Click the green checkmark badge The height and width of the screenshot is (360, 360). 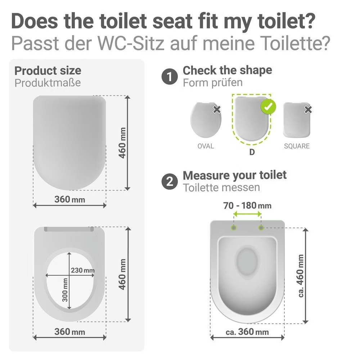[268, 107]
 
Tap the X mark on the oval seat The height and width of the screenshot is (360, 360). [217, 110]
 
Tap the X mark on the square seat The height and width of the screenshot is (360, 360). [308, 110]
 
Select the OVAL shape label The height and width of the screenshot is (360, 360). [206, 146]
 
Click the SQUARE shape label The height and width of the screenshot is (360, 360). [297, 146]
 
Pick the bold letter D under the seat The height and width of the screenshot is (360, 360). [252, 152]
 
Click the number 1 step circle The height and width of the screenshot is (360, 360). [170, 76]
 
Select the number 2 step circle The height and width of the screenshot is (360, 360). [170, 181]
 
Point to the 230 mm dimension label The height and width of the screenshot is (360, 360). [83, 270]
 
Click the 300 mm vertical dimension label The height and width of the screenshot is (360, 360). [65, 290]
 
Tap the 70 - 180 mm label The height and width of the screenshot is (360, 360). [247, 206]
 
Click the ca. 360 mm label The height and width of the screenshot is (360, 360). [247, 332]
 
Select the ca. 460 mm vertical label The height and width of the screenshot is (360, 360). [301, 276]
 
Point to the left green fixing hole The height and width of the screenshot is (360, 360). [234, 228]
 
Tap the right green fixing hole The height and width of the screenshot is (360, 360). [261, 228]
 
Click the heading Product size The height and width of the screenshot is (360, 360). [48, 71]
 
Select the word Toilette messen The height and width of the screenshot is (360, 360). [221, 188]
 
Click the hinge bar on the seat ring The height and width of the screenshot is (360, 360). [69, 229]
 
